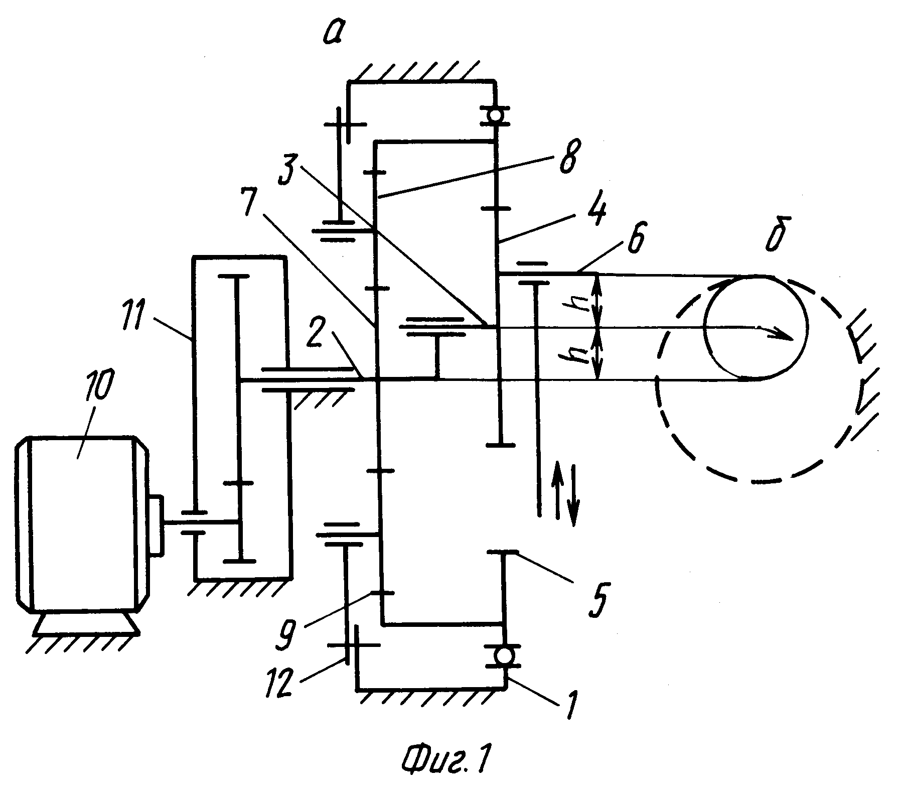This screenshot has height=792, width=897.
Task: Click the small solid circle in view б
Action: click(x=756, y=327)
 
